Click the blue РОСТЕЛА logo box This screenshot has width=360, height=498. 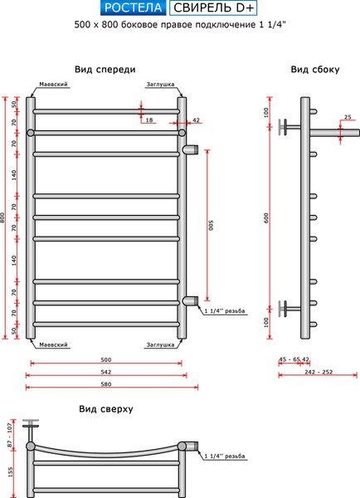pos(133,8)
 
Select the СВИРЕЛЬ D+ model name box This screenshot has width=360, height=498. pos(213,8)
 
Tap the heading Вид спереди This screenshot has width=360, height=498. pos(105,70)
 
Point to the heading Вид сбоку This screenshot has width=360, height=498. pos(315,70)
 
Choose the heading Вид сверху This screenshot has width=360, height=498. pos(106,408)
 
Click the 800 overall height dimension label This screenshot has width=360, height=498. pos(2,217)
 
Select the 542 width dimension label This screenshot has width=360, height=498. pos(106,372)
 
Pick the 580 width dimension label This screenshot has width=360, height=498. pos(106,384)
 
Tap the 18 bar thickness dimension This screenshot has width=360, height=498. pos(149,120)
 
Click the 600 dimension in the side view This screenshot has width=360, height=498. pos(266,217)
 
